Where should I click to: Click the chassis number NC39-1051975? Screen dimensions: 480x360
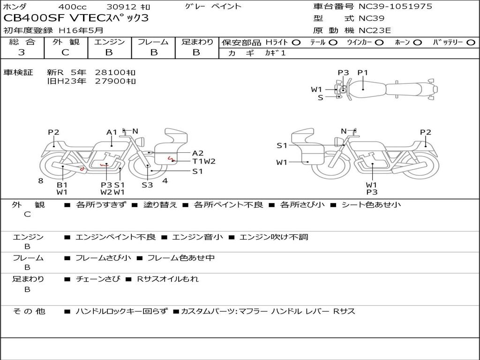[x=395, y=7]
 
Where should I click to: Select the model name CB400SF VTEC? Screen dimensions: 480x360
[x=54, y=18]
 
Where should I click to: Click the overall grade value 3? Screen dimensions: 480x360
[x=22, y=52]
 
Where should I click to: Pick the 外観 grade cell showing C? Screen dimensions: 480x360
[x=66, y=52]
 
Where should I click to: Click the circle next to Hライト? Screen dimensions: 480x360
[x=296, y=43]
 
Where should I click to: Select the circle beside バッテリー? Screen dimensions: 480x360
[x=471, y=43]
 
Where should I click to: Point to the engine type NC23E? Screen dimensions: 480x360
[x=375, y=30]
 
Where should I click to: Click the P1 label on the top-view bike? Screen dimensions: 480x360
[x=363, y=73]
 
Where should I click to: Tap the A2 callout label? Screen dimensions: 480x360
[x=198, y=153]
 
